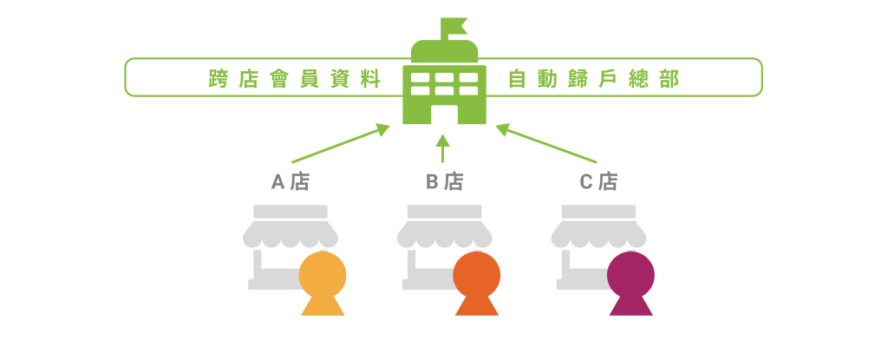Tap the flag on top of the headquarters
[454, 26]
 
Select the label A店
[291, 182]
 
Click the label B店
[444, 182]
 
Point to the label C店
[598, 182]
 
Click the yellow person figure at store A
[323, 282]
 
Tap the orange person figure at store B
[476, 282]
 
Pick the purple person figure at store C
[630, 282]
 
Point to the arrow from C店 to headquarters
[546, 144]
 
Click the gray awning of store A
[291, 230]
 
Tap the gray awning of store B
[444, 230]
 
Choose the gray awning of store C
[598, 230]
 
